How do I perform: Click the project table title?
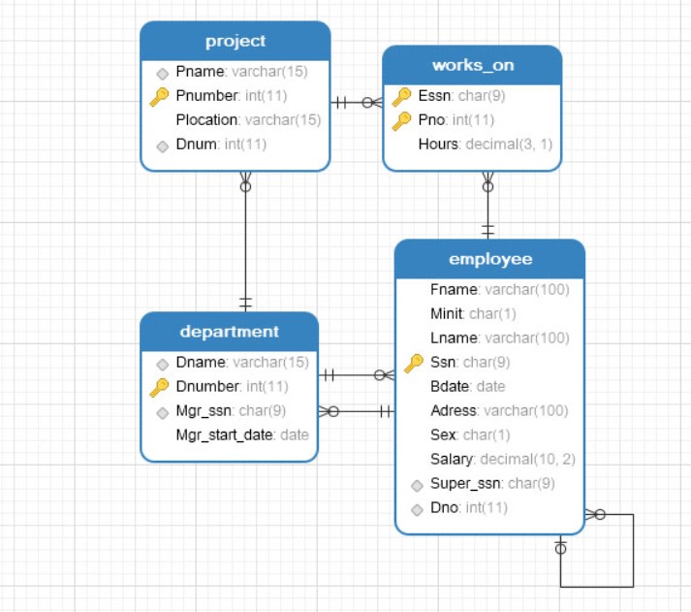coord(236,41)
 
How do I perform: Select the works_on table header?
coord(472,65)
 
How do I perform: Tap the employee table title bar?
coord(489,259)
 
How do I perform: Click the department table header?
coord(229,332)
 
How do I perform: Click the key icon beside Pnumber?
coord(160,96)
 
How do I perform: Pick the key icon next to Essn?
coord(401,96)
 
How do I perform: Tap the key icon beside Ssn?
coord(414,363)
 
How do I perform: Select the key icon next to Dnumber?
coord(160,387)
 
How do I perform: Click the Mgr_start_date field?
coord(241,435)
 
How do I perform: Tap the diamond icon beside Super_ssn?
coord(416,484)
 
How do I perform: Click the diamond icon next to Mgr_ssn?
coord(162,411)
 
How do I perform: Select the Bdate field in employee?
coord(467,386)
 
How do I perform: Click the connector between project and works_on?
coord(357,102)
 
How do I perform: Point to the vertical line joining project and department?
coord(245,242)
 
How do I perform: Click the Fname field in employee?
coord(498,290)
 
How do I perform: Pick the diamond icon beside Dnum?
coord(162,145)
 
